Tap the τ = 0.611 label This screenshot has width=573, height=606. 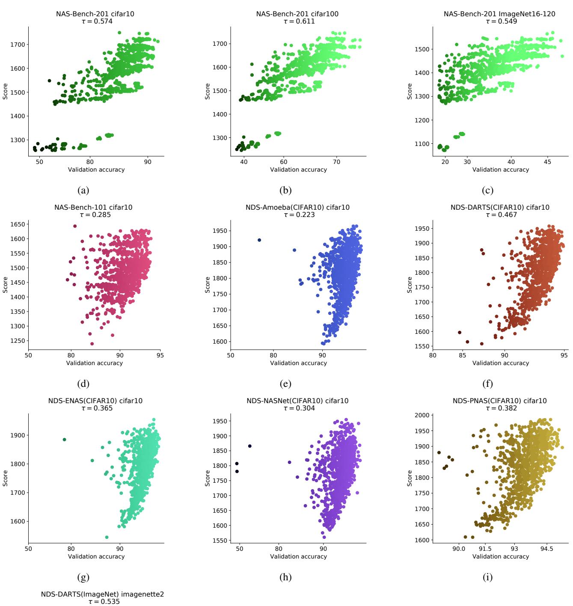(x=298, y=21)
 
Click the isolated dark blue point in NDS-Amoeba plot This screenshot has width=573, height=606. (x=259, y=240)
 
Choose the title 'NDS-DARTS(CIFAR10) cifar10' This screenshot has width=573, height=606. (x=500, y=208)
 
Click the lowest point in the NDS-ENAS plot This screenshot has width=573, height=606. (x=107, y=537)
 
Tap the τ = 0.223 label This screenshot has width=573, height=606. (x=298, y=215)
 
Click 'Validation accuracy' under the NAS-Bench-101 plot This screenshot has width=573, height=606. (x=95, y=363)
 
